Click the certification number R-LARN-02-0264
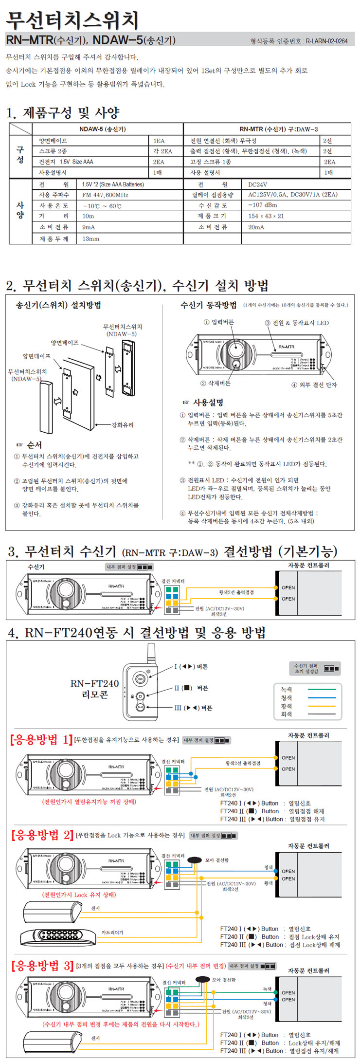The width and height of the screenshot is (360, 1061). [326, 41]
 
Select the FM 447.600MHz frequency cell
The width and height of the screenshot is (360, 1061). [105, 195]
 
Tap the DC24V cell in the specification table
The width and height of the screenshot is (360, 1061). [257, 184]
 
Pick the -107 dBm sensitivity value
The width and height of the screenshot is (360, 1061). [262, 205]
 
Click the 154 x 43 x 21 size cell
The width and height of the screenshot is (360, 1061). [266, 216]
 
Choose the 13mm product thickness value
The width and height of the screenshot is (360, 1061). [90, 238]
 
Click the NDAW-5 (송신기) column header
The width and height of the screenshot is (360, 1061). [103, 129]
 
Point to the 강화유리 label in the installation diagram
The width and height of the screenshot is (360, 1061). [122, 425]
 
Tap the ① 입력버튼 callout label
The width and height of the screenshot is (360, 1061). [218, 322]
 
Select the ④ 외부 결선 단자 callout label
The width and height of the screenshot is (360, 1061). [314, 384]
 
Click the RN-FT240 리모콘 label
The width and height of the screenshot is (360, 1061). [94, 689]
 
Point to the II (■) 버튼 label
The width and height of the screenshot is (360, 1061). [191, 688]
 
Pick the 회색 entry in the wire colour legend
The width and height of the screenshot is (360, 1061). [287, 714]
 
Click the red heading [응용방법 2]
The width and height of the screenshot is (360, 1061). [42, 835]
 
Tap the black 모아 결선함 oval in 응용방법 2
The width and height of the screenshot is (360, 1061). [195, 860]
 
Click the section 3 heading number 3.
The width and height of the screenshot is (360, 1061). [13, 552]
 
